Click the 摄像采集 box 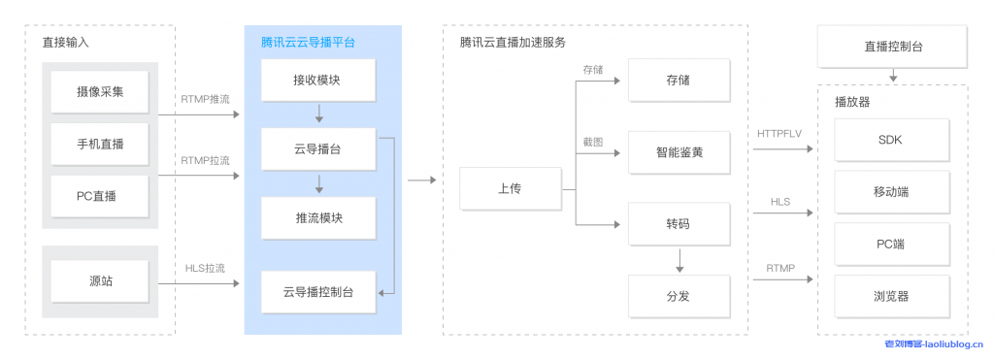pos(100,92)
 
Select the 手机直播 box pos(100,145)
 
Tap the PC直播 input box pos(100,196)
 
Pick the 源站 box pos(100,281)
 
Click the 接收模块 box pos(317,81)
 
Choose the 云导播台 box pos(317,149)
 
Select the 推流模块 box pos(317,217)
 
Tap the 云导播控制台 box pos(317,291)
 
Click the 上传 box pos(509,188)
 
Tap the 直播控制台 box pos(892,47)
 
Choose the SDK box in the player pos(889,140)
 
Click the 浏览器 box pos(889,295)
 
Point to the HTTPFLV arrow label pos(780,131)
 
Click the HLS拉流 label pos(205,268)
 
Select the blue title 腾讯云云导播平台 pos(308,43)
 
